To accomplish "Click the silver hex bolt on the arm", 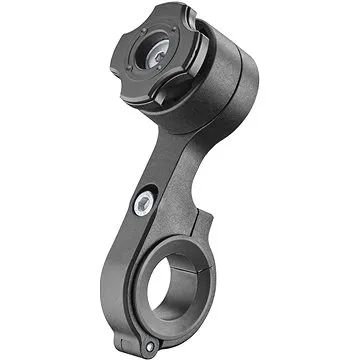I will coord(143,204).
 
